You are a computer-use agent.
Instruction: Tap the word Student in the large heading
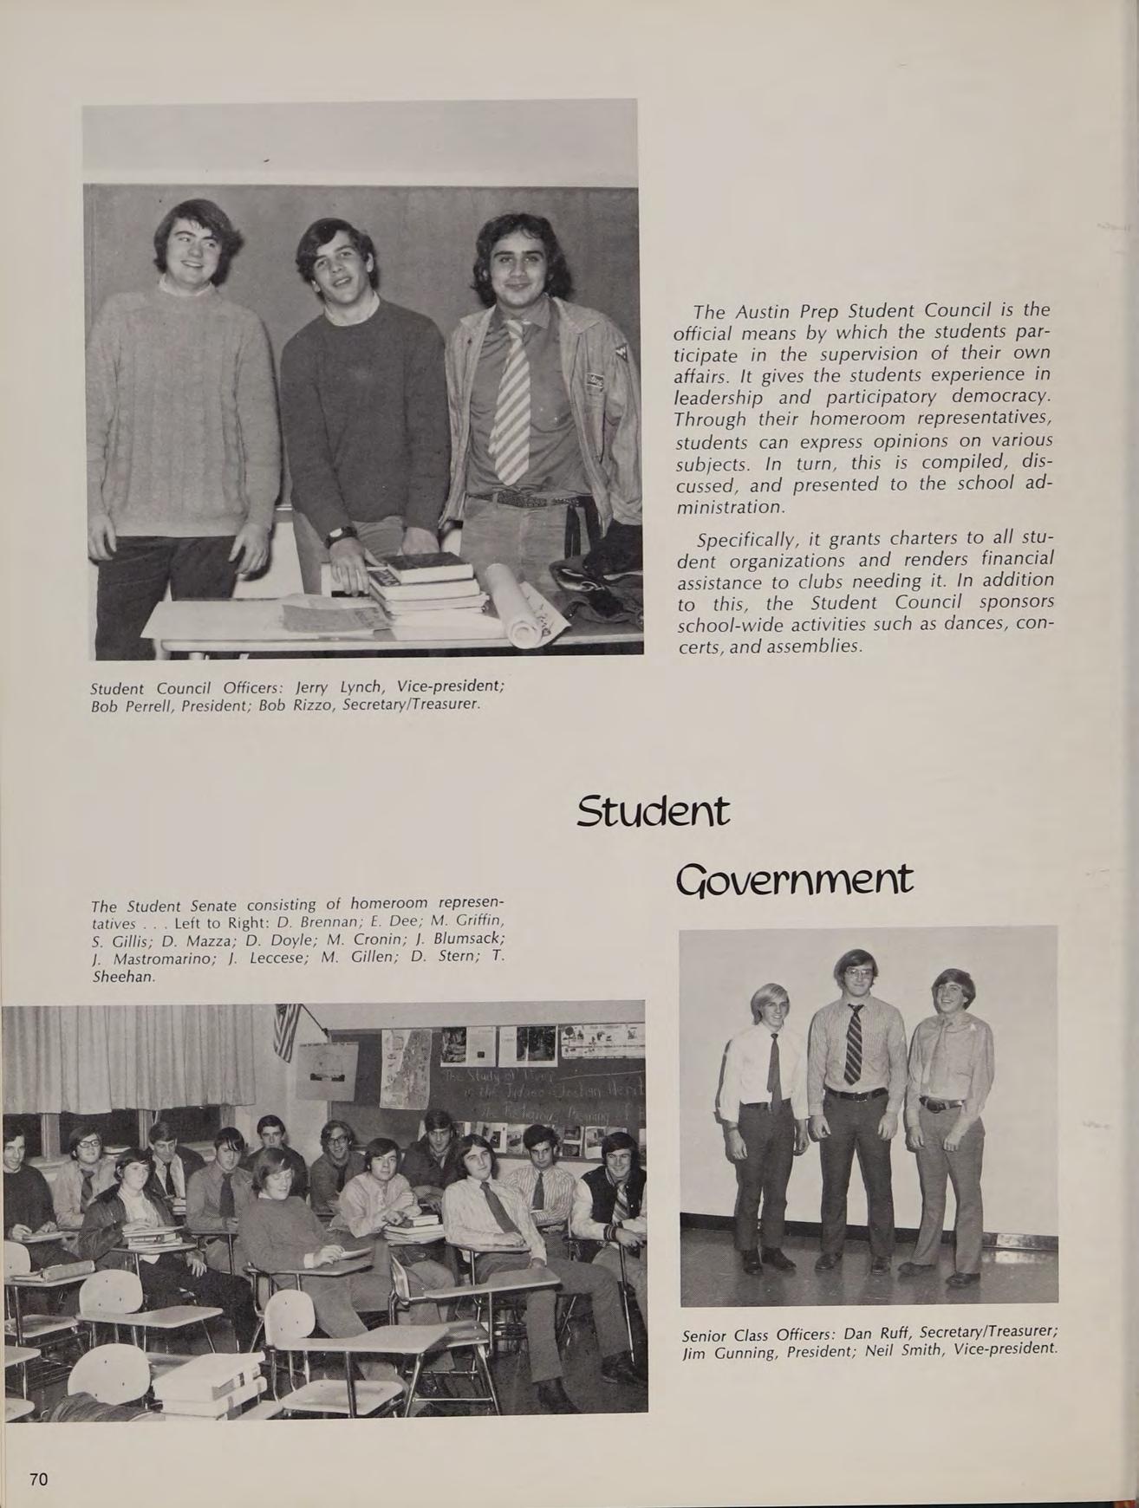653,813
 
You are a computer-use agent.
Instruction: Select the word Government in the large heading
793,881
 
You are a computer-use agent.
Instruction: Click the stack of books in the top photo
426,585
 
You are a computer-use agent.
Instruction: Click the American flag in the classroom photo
287,1030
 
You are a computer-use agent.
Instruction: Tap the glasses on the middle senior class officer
856,972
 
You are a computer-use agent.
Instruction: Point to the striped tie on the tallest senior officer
853,1043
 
